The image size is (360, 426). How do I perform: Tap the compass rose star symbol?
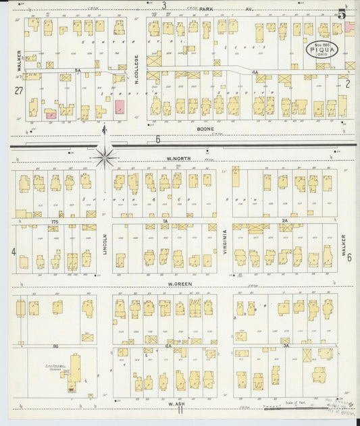coord(105,157)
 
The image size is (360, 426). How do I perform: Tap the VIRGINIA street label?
coord(225,243)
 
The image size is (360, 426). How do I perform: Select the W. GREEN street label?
coord(181,284)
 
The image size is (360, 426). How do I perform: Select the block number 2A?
coord(285,221)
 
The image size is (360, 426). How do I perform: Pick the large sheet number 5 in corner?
coord(342,14)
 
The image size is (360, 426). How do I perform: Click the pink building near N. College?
coord(120,107)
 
